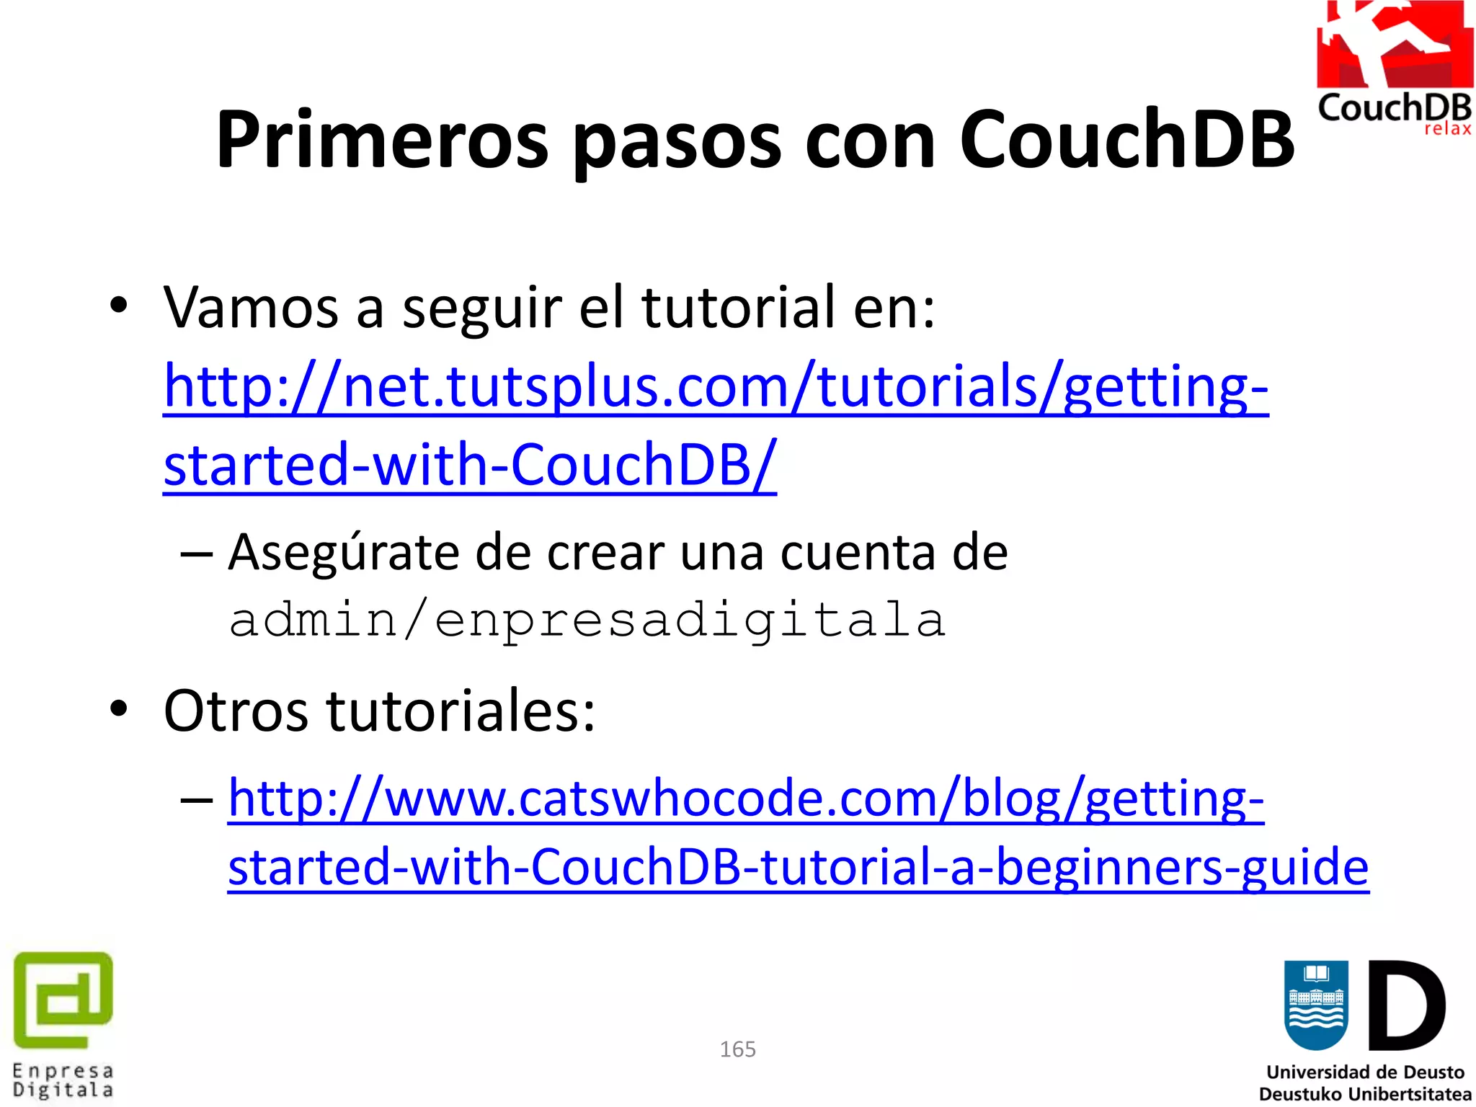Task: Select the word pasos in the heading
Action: [677, 141]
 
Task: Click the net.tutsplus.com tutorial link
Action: [715, 387]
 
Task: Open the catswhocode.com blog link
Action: [745, 799]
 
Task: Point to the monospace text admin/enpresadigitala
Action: [587, 620]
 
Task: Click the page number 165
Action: [737, 1049]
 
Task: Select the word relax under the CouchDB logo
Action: [1447, 129]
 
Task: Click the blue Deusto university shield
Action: [1316, 1005]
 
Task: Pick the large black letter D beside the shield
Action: [1406, 1005]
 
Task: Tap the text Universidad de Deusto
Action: [1365, 1072]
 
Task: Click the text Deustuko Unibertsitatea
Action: [1365, 1094]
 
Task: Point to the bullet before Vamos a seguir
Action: [119, 306]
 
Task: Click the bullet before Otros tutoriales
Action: [119, 709]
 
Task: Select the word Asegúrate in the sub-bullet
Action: [343, 552]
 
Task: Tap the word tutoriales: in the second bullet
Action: [461, 711]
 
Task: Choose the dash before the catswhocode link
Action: [197, 799]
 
